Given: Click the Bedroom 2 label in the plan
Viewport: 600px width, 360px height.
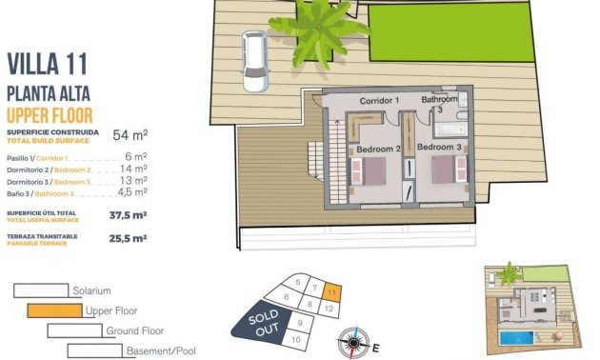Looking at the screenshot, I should (x=378, y=149).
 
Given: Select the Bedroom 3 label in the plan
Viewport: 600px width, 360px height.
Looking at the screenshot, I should (x=440, y=148).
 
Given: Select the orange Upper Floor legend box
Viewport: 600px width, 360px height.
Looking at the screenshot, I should (x=53, y=310).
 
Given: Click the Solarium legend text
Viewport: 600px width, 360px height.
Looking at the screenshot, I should (x=92, y=290).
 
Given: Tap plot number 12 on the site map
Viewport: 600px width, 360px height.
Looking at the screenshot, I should (x=328, y=309).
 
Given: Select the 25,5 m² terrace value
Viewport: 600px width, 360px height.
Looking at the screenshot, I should (x=128, y=239).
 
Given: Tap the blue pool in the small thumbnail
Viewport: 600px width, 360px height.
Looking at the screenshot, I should (x=518, y=338).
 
